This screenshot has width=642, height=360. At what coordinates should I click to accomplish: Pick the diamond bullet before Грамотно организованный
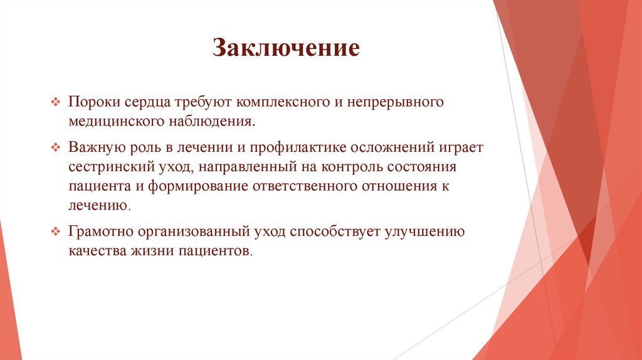55,231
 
